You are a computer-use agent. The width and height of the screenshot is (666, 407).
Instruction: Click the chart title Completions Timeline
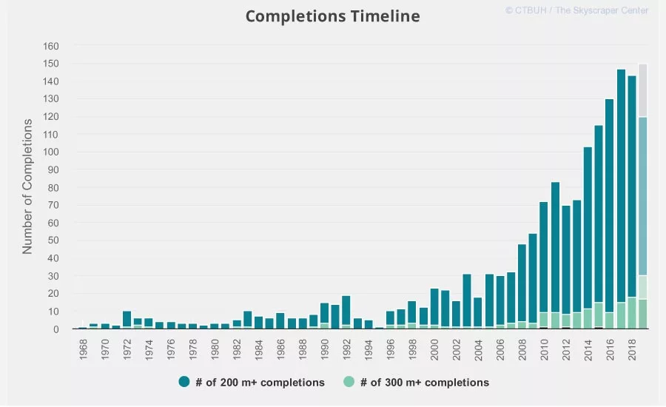(x=332, y=16)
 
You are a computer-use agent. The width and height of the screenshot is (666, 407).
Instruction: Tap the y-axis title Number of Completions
(x=27, y=186)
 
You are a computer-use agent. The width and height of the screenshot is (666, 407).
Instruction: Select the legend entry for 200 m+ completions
(x=252, y=382)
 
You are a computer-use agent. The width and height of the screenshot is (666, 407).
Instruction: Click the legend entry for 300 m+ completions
(x=416, y=382)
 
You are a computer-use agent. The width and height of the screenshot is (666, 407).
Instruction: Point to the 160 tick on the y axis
(x=50, y=46)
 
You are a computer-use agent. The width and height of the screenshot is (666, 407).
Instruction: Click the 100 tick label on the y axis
(x=50, y=152)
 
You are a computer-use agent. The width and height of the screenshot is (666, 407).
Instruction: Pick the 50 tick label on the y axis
(x=53, y=240)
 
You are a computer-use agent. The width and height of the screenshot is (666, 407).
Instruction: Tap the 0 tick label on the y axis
(x=56, y=329)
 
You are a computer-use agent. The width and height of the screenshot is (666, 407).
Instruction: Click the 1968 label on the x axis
(x=83, y=349)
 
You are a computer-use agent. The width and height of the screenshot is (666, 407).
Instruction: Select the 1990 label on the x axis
(x=325, y=349)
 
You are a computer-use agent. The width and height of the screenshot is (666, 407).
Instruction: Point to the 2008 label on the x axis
(x=522, y=349)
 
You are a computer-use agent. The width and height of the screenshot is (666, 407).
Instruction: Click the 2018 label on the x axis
(x=632, y=349)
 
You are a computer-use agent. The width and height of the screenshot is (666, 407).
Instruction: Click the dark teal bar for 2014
(x=588, y=228)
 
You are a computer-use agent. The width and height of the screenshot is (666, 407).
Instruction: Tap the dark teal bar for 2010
(x=544, y=257)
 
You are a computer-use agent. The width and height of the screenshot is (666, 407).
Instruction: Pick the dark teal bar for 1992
(x=346, y=311)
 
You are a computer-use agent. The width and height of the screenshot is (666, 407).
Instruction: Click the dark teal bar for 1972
(x=127, y=319)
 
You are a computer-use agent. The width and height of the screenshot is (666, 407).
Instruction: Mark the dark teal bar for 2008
(x=522, y=283)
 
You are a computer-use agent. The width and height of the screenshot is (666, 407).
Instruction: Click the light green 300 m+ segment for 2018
(x=632, y=313)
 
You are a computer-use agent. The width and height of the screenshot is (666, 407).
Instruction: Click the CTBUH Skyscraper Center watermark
(x=576, y=10)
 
